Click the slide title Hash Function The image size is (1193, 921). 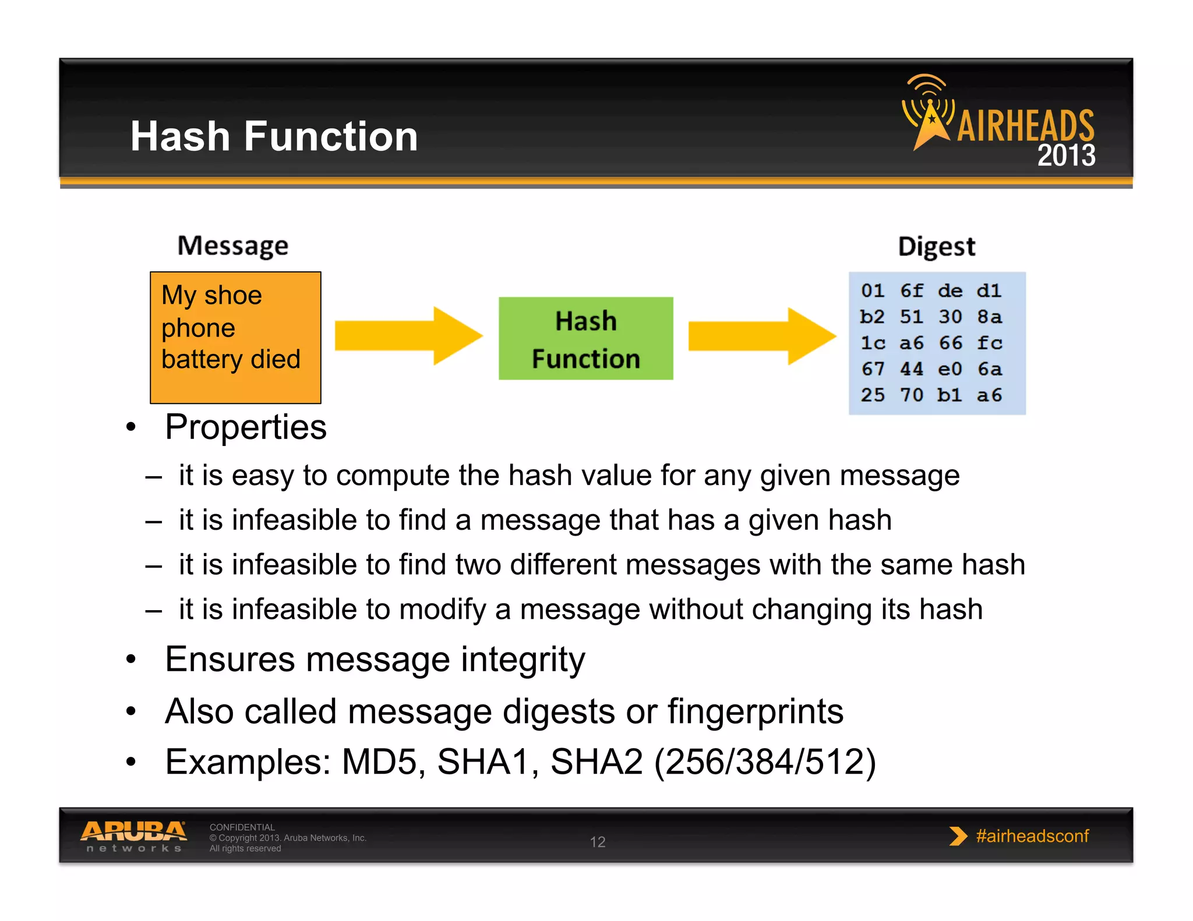coord(274,136)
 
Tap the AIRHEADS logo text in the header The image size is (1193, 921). coord(1025,126)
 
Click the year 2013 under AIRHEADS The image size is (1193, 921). coord(1066,155)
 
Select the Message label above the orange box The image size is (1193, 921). coord(232,246)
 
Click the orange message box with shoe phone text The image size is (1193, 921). coord(235,338)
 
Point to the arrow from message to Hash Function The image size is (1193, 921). coord(408,336)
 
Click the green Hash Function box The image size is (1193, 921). coord(585,339)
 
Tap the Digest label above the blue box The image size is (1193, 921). coord(936,246)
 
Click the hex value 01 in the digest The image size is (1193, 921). coord(873,291)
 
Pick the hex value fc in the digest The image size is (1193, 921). coord(989,343)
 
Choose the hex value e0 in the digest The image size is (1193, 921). coord(950,369)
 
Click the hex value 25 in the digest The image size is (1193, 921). coord(873,395)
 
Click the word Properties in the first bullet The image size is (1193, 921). coord(245,427)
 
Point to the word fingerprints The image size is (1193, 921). coord(755,711)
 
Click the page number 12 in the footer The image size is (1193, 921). coord(598,842)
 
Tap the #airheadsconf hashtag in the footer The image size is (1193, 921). coord(1032,836)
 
